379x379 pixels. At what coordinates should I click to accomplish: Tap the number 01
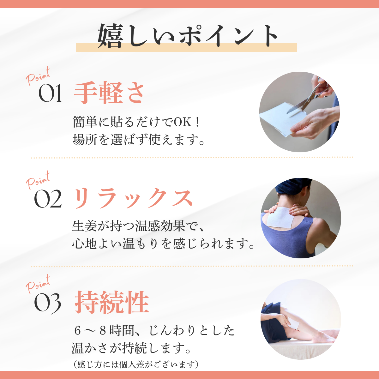(x=50, y=93)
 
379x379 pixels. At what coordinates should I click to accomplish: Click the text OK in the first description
(x=182, y=122)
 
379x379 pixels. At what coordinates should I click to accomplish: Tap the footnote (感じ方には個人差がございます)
(x=136, y=364)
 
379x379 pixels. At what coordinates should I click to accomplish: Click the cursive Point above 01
(x=38, y=76)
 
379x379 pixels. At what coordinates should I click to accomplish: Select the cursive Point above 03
(x=38, y=284)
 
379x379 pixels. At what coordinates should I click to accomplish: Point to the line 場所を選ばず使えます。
(x=139, y=140)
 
